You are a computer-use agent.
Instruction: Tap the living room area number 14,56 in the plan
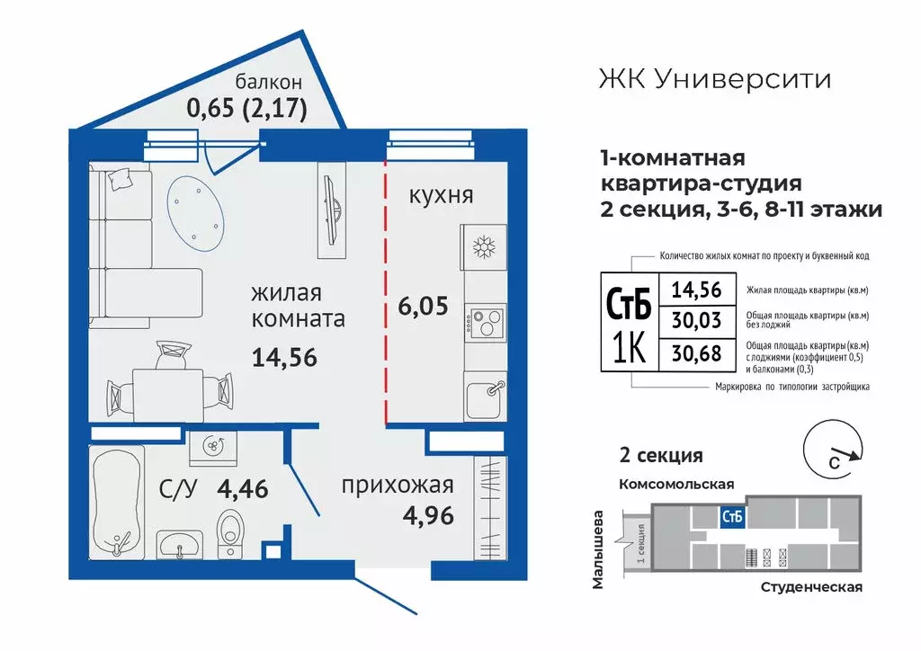286,357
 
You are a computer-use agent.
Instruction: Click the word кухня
441,195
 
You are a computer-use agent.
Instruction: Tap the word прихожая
397,486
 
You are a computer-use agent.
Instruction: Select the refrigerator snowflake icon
485,247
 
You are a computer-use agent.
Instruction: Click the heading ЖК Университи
714,79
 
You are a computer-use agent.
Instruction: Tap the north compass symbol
835,454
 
